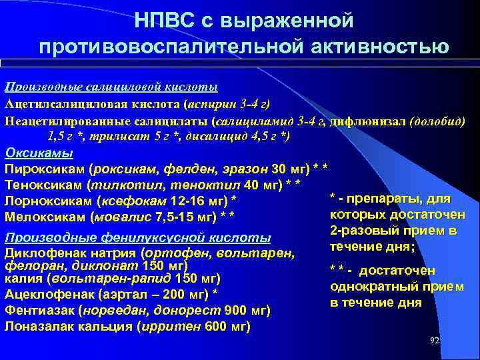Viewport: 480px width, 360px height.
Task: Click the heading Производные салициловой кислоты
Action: click(111, 87)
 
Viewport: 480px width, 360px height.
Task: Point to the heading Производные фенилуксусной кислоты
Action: click(137, 238)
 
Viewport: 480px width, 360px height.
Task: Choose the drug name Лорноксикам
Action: click(49, 201)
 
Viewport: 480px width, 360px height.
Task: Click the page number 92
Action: click(435, 340)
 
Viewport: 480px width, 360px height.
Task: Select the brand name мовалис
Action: click(121, 217)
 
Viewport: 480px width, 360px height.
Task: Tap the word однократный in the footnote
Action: click(373, 286)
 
